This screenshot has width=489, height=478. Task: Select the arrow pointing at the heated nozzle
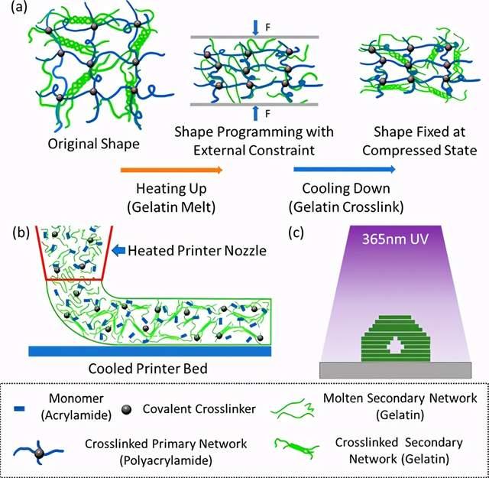tap(118, 249)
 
